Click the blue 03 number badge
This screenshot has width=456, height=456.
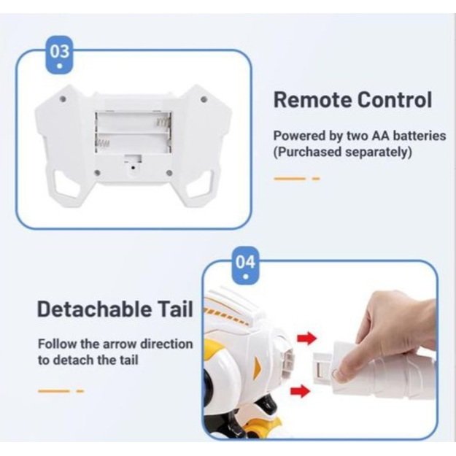(x=59, y=55)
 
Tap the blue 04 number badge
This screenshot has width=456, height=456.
(x=246, y=266)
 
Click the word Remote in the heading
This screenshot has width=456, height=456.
(x=312, y=100)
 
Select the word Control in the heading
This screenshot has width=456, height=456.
(x=394, y=100)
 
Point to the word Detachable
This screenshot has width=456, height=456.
(x=95, y=309)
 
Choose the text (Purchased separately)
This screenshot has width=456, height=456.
(x=343, y=152)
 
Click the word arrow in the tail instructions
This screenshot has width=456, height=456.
(x=120, y=344)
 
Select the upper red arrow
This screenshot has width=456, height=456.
(x=306, y=338)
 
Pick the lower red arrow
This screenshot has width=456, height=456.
(x=301, y=390)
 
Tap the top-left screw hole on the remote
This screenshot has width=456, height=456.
(x=63, y=98)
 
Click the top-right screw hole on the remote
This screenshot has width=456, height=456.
(x=204, y=99)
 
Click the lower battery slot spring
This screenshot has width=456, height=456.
(x=103, y=143)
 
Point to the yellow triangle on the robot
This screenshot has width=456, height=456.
(x=258, y=364)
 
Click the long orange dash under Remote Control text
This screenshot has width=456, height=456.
(x=290, y=178)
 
